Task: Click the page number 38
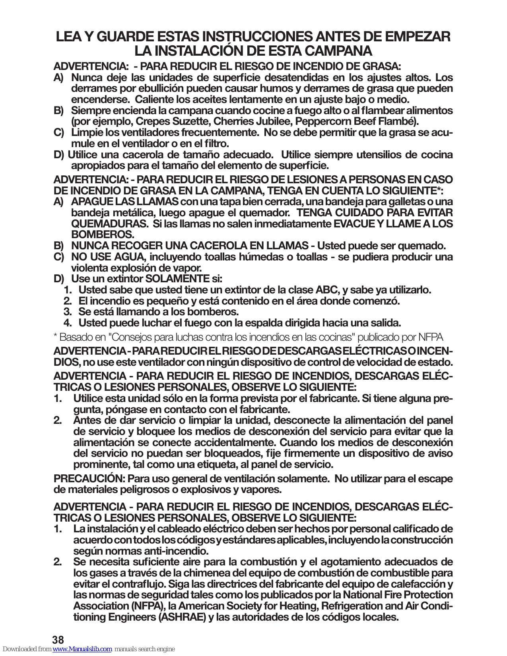click(x=58, y=640)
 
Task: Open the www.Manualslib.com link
click(x=82, y=649)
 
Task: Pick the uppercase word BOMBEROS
click(x=103, y=235)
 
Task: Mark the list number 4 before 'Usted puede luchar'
click(x=67, y=323)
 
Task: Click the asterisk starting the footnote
click(x=55, y=337)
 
